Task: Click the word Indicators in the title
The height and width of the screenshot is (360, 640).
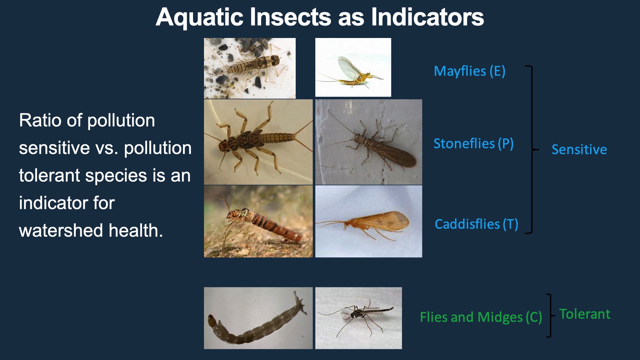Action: [427, 17]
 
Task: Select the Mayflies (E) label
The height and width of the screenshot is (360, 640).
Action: [469, 71]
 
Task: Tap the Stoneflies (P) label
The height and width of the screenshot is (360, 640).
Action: [473, 144]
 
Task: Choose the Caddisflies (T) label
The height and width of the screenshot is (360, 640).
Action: [476, 224]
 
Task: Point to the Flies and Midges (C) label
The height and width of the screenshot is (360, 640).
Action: [481, 317]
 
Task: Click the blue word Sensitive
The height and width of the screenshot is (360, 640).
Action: [579, 149]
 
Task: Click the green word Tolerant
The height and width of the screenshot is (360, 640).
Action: [585, 314]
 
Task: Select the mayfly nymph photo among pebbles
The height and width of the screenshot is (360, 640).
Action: [250, 68]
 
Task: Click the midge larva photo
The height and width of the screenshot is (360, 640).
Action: [258, 318]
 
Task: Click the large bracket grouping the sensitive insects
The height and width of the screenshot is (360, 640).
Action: [532, 149]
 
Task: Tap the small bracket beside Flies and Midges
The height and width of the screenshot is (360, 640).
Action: [550, 315]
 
